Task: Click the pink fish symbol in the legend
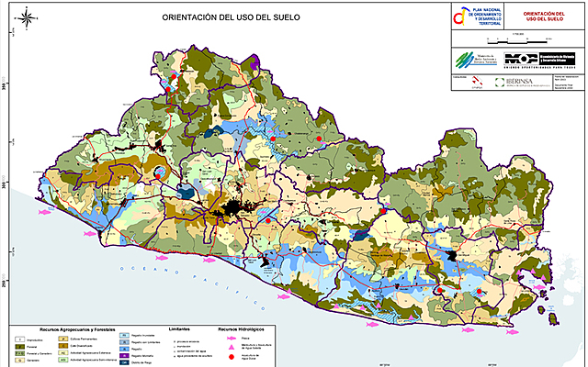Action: click(223, 338)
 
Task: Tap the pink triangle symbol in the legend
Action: click(223, 346)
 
